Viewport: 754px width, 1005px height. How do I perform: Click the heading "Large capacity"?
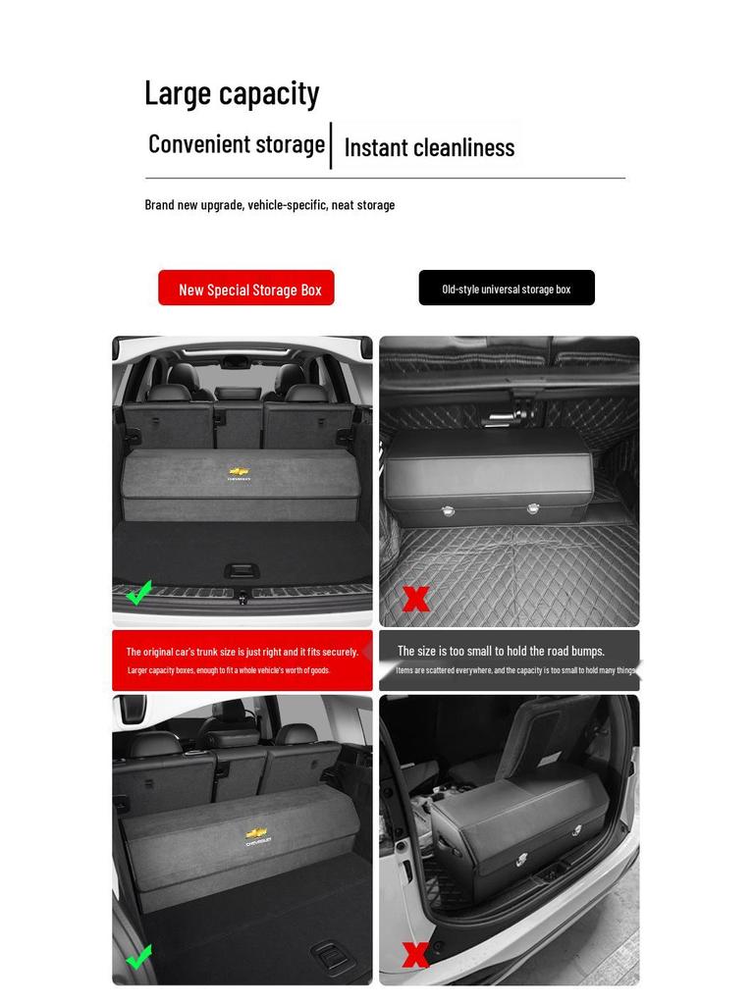pyautogui.click(x=232, y=93)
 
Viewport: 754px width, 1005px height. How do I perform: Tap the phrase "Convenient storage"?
pyautogui.click(x=237, y=144)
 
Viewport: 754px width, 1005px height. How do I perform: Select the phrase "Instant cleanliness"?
pyautogui.click(x=429, y=147)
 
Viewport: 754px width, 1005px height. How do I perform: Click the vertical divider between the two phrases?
pyautogui.click(x=331, y=145)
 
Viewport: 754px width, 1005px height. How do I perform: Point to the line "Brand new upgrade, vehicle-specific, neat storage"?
pyautogui.click(x=270, y=205)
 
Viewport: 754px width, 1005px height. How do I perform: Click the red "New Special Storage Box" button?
pyautogui.click(x=246, y=289)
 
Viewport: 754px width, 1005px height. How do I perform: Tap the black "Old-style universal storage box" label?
pyautogui.click(x=507, y=289)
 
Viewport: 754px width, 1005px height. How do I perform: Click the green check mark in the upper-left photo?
pyautogui.click(x=139, y=593)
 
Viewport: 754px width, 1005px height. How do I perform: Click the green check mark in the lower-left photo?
pyautogui.click(x=139, y=956)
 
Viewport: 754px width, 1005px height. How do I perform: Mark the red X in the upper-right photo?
pyautogui.click(x=416, y=599)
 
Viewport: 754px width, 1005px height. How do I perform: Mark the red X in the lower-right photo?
pyautogui.click(x=415, y=954)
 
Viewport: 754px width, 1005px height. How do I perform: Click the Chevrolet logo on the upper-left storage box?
pyautogui.click(x=239, y=473)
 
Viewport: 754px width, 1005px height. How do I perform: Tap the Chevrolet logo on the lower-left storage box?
pyautogui.click(x=257, y=836)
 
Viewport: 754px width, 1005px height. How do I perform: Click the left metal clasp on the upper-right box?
pyautogui.click(x=449, y=511)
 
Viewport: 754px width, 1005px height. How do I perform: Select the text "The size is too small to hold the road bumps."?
pyautogui.click(x=501, y=651)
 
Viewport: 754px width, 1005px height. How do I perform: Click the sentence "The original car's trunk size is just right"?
pyautogui.click(x=242, y=652)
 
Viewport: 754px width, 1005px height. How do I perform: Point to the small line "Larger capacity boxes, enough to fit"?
pyautogui.click(x=229, y=670)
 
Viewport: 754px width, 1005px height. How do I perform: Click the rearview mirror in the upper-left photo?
pyautogui.click(x=235, y=361)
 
